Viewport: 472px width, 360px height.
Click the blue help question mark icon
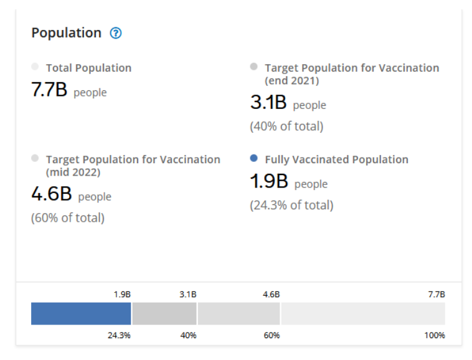[115, 33]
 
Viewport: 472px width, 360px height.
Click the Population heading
[66, 33]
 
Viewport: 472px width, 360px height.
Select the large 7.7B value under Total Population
[49, 90]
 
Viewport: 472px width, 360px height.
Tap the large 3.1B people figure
[268, 103]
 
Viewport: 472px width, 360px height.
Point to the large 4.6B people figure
[52, 194]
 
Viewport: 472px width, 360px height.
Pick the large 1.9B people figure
[269, 182]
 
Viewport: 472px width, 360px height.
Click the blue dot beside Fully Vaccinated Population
[253, 159]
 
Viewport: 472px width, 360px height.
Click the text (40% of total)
[286, 126]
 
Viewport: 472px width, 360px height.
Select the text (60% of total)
[68, 218]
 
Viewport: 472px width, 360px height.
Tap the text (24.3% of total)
[291, 205]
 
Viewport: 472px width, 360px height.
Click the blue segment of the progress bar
[81, 314]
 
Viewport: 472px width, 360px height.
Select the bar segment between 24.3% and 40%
[164, 314]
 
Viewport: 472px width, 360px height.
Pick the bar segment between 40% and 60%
[238, 314]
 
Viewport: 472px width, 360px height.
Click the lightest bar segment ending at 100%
[363, 314]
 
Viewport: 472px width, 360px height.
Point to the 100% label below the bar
[435, 336]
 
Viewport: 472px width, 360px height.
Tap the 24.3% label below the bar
[120, 336]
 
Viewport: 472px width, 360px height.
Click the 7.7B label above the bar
[437, 294]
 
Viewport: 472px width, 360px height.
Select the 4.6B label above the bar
[271, 294]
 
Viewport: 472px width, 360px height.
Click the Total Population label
[88, 68]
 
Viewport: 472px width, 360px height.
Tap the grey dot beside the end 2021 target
[253, 67]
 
